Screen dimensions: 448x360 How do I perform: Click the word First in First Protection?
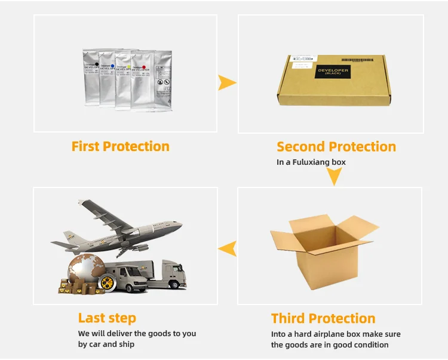[85, 146]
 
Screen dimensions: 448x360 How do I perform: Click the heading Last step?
[107, 318]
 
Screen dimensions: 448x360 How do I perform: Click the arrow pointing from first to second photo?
[226, 83]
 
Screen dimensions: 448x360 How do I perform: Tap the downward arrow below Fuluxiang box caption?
[334, 177]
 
